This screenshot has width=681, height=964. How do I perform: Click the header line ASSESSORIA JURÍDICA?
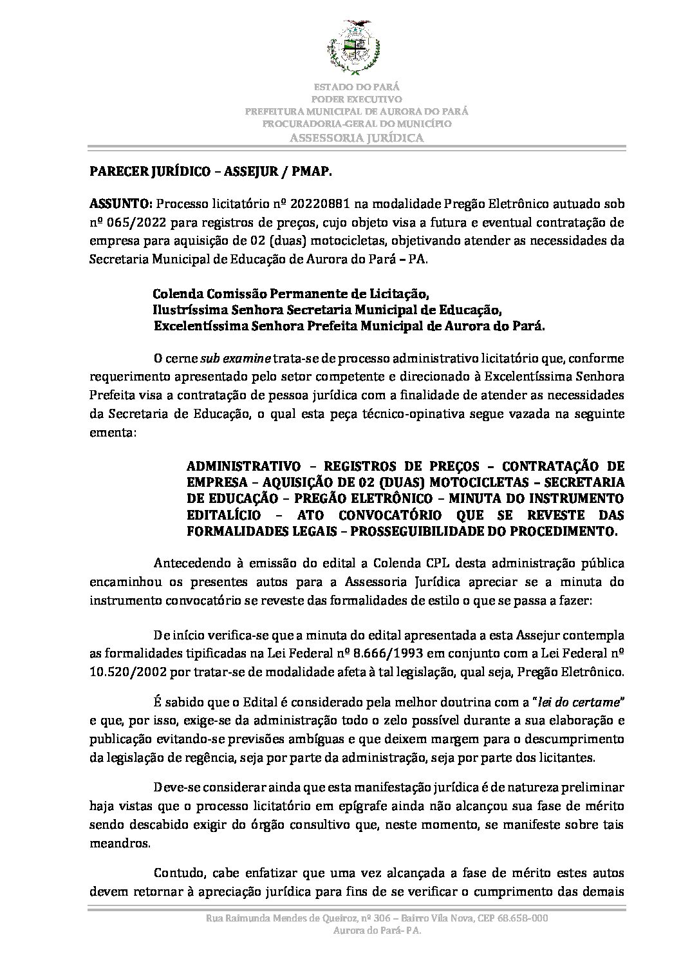click(x=356, y=137)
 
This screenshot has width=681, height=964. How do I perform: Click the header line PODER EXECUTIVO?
click(x=356, y=99)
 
